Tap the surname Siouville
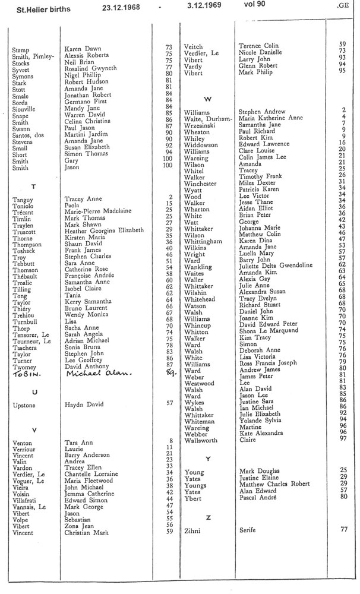(x=27, y=110)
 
